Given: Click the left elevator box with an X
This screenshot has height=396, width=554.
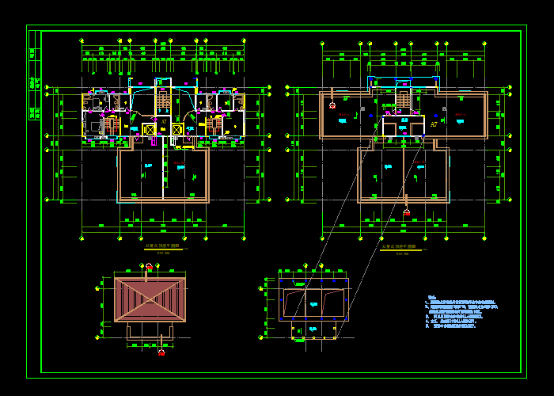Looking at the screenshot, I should pos(150,130).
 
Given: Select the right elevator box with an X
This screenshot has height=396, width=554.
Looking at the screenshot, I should pos(177,130).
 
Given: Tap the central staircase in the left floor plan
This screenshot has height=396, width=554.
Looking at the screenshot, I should pos(164,101).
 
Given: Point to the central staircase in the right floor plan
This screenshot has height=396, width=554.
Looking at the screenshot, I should pos(403,101).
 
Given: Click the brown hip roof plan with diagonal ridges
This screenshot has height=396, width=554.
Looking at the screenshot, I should pos(150,299).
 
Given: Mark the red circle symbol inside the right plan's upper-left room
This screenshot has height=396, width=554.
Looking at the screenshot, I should pos(332,105).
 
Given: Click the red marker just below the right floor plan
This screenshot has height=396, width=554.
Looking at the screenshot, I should pos(406,212).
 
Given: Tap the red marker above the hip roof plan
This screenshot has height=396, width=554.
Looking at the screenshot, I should pos(149,267).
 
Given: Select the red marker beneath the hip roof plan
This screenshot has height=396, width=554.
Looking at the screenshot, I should pos(161,352).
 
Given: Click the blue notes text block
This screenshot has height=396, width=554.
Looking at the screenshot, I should pos(463,312).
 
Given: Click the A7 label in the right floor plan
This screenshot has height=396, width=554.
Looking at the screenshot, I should pos(434,124).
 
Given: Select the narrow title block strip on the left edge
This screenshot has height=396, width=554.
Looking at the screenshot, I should pos(34,75).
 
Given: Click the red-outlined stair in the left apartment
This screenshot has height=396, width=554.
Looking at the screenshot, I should pos(111,127).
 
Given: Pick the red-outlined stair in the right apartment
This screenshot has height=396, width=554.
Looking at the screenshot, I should pos(214,127).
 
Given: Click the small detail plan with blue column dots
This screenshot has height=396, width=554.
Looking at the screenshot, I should pos(313,305).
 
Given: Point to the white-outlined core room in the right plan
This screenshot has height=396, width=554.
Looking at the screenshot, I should pos(403,127).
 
